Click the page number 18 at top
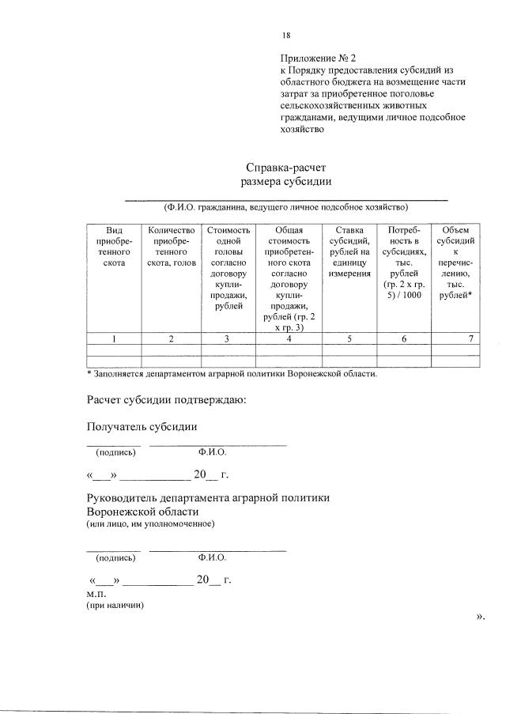(x=286, y=36)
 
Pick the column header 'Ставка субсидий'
(x=349, y=251)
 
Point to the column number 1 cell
(x=114, y=339)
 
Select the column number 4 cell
(x=289, y=339)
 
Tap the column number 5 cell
(x=349, y=339)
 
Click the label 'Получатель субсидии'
(x=142, y=427)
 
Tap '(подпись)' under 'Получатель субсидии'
(x=115, y=453)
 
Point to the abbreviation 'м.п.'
(x=95, y=592)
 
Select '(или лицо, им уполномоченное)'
(x=149, y=523)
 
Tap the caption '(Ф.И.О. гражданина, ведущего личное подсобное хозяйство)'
(x=285, y=208)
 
